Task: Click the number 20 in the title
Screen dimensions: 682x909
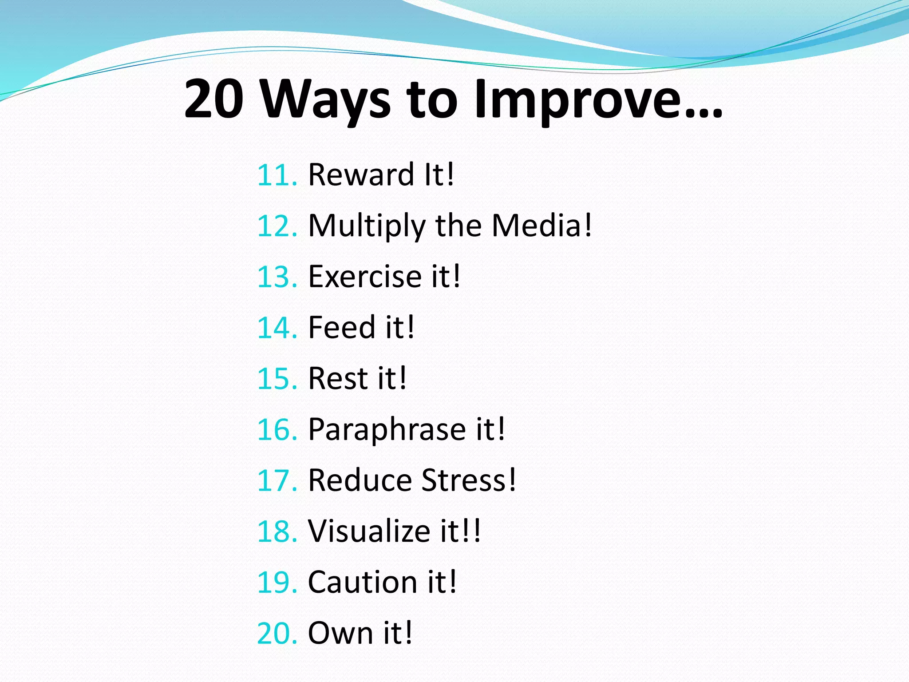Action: pyautogui.click(x=214, y=99)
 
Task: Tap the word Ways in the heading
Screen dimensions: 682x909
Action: pyautogui.click(x=325, y=100)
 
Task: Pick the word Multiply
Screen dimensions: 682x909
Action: pyautogui.click(x=367, y=226)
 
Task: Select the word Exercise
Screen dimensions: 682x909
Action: pyautogui.click(x=364, y=276)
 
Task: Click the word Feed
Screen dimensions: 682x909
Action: pyautogui.click(x=342, y=327)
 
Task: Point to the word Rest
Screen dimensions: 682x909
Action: pyautogui.click(x=338, y=378)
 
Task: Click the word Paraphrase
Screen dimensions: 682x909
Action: pyautogui.click(x=387, y=430)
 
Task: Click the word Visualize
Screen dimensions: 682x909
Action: pyautogui.click(x=369, y=531)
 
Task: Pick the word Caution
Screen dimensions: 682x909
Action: pyautogui.click(x=363, y=582)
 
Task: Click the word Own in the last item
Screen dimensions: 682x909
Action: pyautogui.click(x=340, y=633)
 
